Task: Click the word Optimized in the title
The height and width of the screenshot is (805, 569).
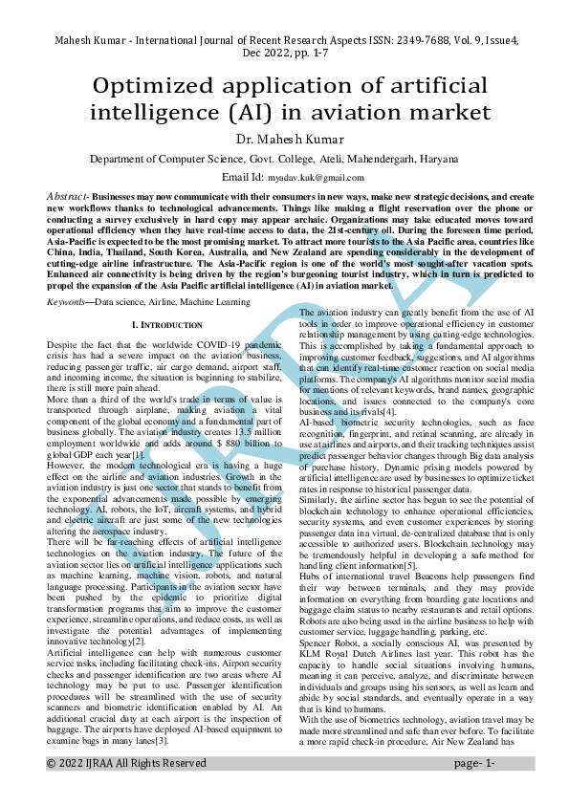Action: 158,84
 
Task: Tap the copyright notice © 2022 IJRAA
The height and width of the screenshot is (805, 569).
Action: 96,790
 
